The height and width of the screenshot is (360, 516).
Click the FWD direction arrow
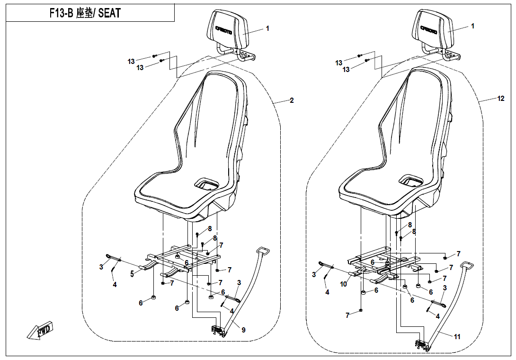point(41,330)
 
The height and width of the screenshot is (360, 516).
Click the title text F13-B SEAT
point(85,13)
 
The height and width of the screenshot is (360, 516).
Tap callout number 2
point(292,100)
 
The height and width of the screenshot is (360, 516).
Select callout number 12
point(501,99)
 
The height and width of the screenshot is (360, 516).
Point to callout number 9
point(243,330)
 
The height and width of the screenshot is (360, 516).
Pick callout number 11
point(457,337)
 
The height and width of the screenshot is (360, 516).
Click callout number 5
point(133,273)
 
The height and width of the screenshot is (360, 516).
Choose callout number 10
point(343,284)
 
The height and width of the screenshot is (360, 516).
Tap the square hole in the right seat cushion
point(411,180)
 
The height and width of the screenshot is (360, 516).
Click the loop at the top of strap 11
point(467,265)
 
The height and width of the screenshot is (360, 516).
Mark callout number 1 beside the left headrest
point(267,28)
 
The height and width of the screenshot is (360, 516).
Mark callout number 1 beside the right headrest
point(472,27)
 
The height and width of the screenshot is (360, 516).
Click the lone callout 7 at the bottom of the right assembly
point(347,315)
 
